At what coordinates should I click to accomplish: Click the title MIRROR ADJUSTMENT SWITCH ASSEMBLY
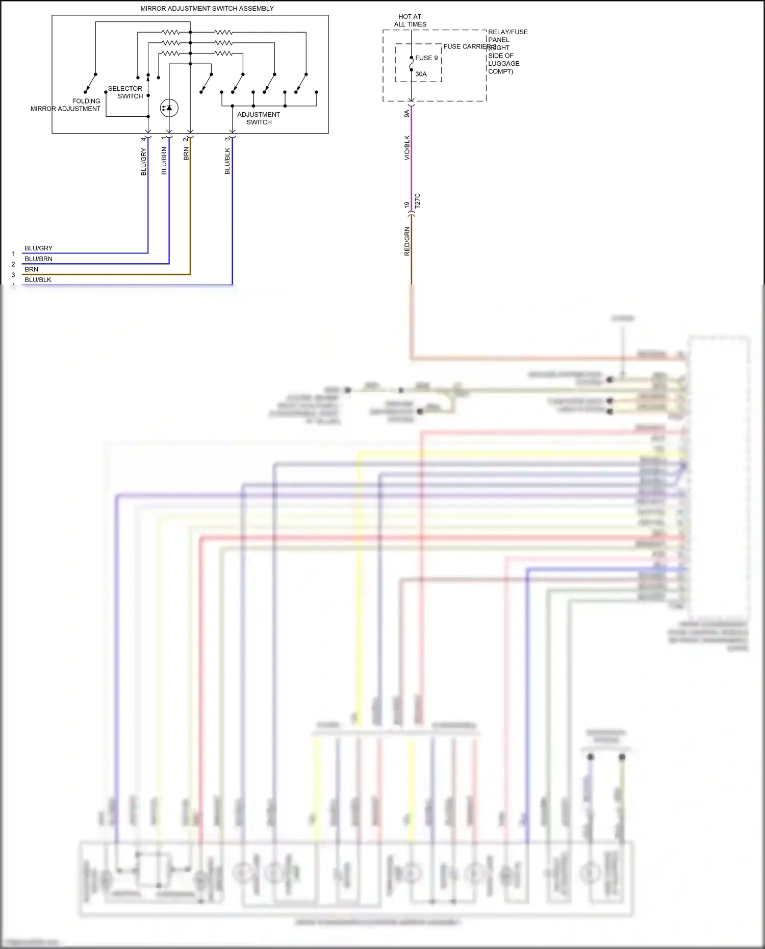click(207, 9)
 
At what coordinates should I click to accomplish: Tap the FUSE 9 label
click(426, 58)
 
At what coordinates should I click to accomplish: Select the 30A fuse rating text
click(421, 74)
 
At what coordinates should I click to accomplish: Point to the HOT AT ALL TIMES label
click(410, 20)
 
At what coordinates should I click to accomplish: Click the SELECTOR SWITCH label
click(125, 92)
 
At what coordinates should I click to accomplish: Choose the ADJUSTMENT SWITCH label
click(259, 118)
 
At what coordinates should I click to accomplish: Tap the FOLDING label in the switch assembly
click(86, 101)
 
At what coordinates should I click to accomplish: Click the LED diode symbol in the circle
click(169, 108)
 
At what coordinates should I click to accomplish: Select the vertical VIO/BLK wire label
click(407, 148)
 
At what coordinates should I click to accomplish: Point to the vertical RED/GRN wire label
click(407, 241)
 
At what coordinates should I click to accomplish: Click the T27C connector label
click(418, 200)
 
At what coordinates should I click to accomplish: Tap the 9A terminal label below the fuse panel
click(407, 114)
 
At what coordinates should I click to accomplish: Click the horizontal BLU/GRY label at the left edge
click(39, 248)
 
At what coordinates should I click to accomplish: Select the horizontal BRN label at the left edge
click(32, 269)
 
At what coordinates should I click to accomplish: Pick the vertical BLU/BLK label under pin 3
click(227, 161)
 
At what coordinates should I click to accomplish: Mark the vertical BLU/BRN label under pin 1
click(164, 161)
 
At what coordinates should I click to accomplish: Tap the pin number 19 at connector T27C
click(407, 205)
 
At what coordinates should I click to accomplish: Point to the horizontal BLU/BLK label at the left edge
click(38, 280)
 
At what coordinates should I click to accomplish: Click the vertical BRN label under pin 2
click(186, 154)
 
